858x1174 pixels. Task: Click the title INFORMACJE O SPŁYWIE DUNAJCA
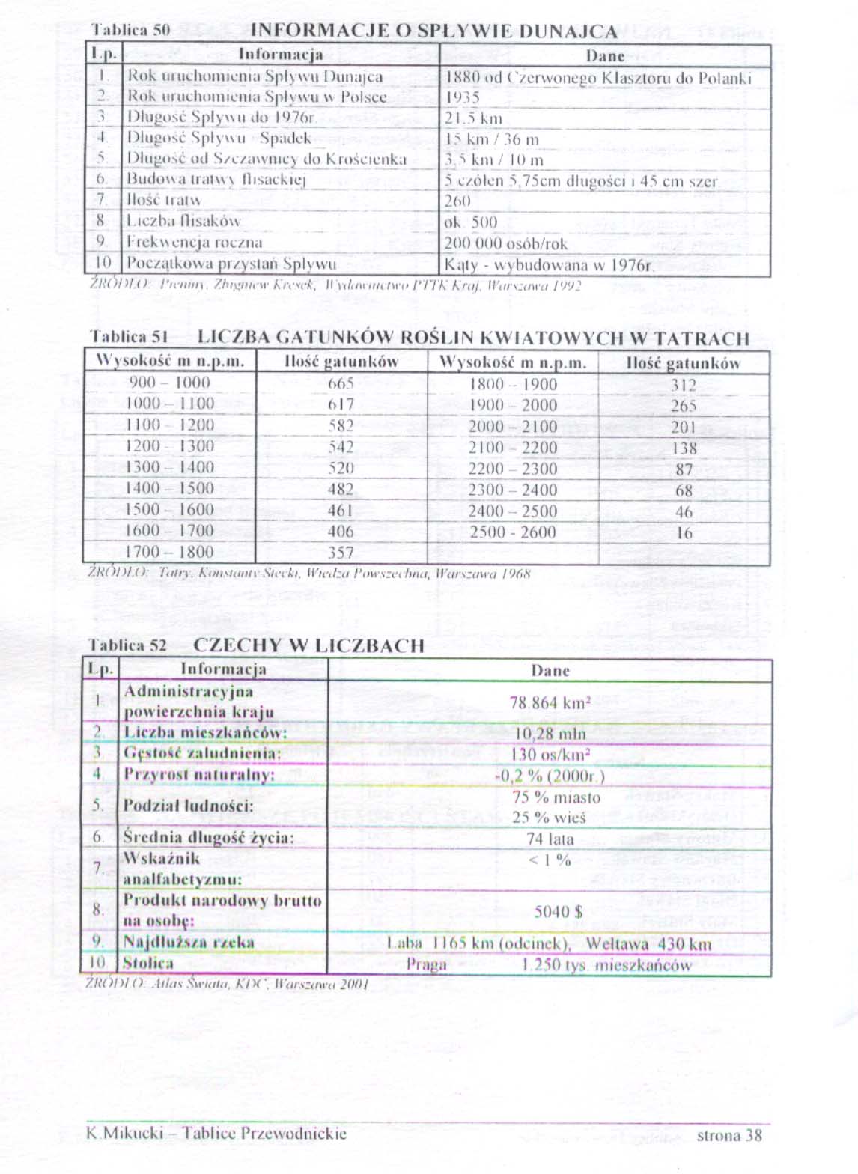433,31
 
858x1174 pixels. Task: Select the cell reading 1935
462,97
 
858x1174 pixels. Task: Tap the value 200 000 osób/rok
505,243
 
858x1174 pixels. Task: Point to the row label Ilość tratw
163,200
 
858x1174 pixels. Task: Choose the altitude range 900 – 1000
169,383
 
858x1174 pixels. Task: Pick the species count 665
341,383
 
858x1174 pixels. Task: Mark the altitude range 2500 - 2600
513,532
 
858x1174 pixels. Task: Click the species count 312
683,385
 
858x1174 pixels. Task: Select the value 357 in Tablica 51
341,553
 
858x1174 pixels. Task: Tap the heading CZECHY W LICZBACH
308,646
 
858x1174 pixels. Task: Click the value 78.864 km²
550,703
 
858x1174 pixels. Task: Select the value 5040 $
558,911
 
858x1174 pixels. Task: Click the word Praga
426,964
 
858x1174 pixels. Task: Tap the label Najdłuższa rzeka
189,943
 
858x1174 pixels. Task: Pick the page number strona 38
728,1135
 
